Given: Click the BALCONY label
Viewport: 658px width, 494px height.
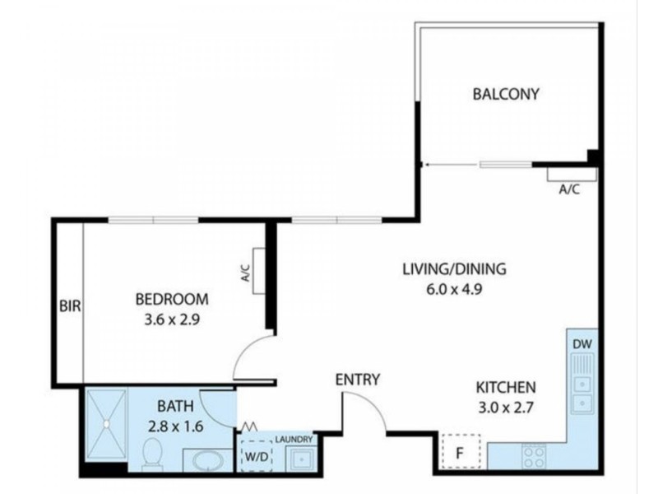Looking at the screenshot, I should point(506,94).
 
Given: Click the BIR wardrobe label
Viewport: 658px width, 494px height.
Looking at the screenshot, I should point(69,306).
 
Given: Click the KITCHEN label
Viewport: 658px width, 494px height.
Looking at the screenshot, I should point(506,387).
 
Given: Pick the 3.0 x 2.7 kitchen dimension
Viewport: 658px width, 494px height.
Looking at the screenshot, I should point(506,407).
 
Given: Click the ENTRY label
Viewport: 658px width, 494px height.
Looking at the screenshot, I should point(358,380).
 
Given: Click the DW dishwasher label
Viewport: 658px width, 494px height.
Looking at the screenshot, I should point(582,344).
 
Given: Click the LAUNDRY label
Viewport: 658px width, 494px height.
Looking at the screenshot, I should point(294,440).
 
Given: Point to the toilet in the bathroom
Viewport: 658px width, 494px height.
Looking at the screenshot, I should point(153,453).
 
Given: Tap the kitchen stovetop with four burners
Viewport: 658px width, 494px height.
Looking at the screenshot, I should point(534,454).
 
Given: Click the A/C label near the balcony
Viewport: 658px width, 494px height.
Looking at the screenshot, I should point(569,189).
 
